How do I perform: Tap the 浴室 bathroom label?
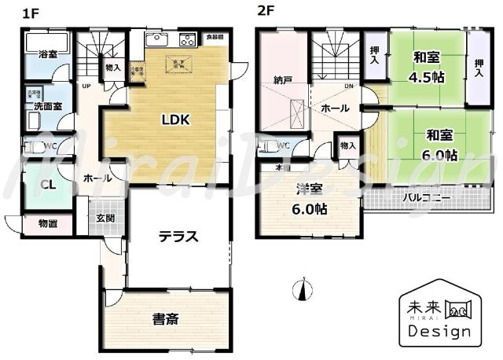[47, 53]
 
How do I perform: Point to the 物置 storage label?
[47, 224]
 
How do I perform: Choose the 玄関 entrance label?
[105, 217]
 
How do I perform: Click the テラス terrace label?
[178, 237]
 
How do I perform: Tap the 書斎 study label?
[166, 319]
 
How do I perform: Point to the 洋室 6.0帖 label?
[311, 199]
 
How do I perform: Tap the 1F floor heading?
[31, 12]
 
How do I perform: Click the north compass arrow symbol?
[301, 291]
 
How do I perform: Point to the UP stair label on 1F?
[85, 86]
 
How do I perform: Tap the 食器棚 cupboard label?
[215, 37]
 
